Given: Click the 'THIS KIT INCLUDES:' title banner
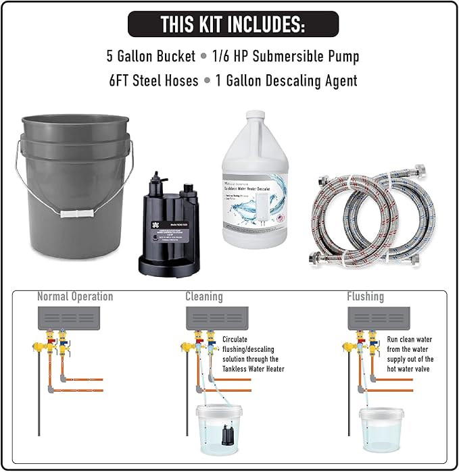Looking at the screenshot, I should pyautogui.click(x=233, y=24).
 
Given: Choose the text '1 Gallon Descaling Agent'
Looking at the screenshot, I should pyautogui.click(x=286, y=80).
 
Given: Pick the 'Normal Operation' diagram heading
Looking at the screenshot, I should pyautogui.click(x=75, y=296).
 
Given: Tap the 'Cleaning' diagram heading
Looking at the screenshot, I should pyautogui.click(x=204, y=296).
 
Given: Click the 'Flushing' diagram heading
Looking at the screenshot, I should pyautogui.click(x=365, y=296).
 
